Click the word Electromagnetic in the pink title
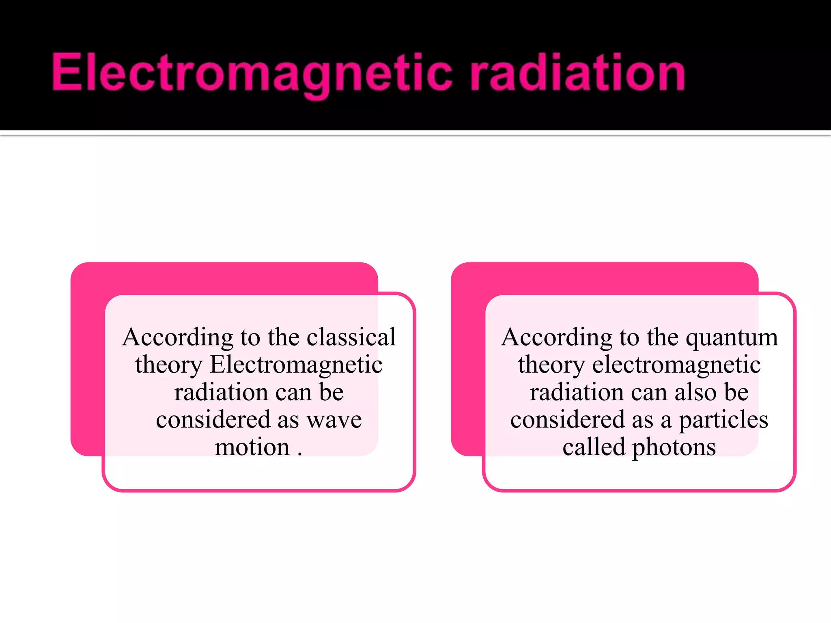(x=252, y=73)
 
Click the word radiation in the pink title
(x=578, y=73)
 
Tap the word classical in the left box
(x=351, y=337)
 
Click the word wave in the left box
(x=334, y=420)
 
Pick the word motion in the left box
(x=252, y=447)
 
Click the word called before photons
(x=594, y=447)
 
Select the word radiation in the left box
(x=221, y=392)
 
